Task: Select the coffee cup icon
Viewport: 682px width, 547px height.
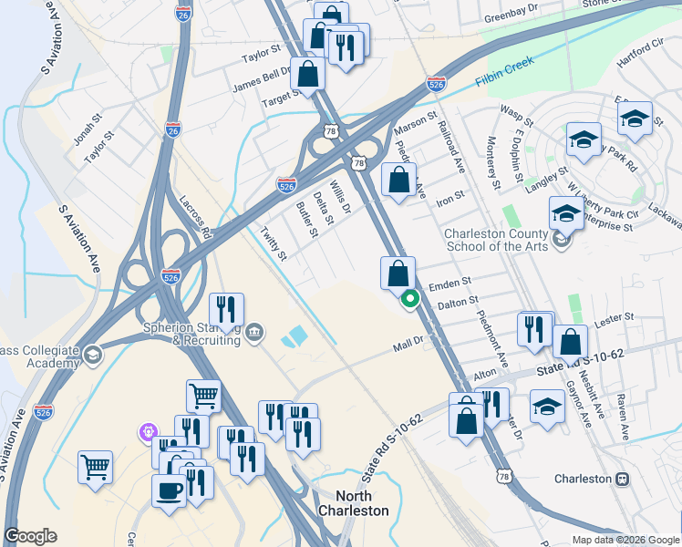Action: coord(169,490)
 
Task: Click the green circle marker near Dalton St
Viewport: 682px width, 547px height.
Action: coord(410,297)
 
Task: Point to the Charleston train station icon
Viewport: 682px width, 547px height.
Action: coord(624,479)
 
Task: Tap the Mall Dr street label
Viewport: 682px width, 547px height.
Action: coord(409,344)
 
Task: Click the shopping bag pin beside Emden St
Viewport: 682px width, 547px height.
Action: coord(398,273)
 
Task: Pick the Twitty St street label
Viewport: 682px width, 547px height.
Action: coord(274,243)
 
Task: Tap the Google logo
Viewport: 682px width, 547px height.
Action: coord(30,536)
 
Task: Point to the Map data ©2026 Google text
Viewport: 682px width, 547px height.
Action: coord(625,540)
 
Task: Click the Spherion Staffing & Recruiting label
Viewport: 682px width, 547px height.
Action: coord(190,334)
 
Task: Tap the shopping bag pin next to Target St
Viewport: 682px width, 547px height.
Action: coord(308,74)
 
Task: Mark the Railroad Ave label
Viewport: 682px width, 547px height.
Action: coord(451,145)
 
